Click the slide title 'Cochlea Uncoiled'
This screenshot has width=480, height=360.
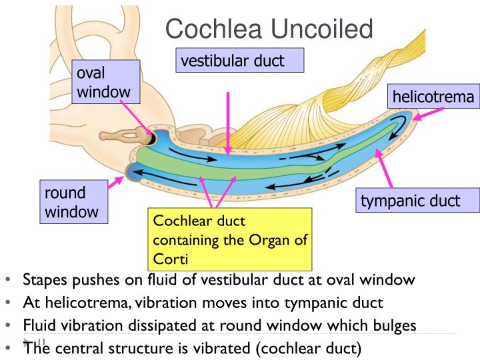[270, 29]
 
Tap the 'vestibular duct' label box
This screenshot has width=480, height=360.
[241, 61]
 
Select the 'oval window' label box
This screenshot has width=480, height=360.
[107, 81]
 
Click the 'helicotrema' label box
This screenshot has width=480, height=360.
[433, 97]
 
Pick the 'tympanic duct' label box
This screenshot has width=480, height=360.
[411, 200]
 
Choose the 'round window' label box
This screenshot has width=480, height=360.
[70, 203]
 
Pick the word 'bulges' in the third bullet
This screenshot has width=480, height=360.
[397, 325]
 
